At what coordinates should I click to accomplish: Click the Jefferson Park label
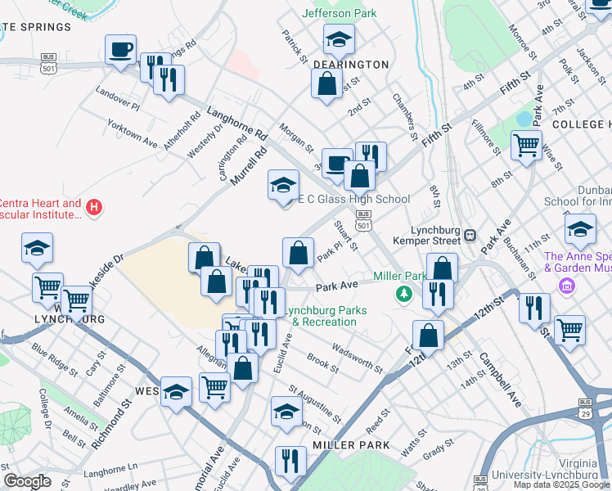339,13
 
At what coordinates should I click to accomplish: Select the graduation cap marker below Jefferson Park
338,38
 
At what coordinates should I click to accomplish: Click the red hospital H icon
94,208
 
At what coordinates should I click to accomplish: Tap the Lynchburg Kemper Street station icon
470,235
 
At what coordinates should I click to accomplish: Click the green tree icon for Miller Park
403,293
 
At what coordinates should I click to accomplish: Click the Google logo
28,481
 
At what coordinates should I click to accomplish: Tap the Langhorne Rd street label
237,122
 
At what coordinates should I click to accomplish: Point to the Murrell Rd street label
250,165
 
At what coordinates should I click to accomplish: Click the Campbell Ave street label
500,381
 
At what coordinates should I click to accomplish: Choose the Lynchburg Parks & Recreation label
319,316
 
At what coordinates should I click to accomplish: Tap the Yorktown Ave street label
133,130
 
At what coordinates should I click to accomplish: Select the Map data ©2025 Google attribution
561,484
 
